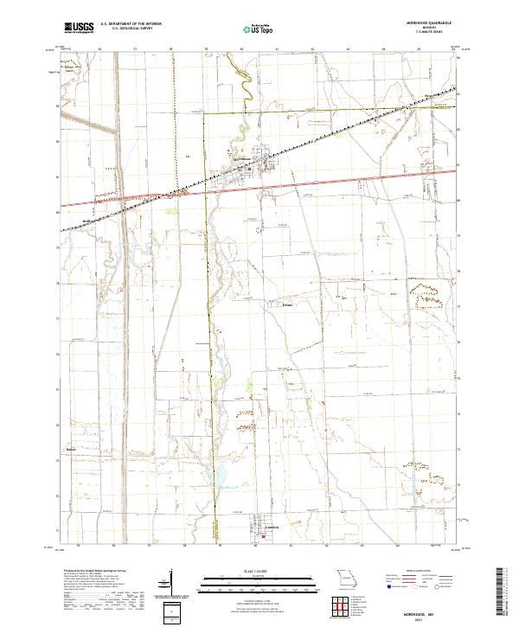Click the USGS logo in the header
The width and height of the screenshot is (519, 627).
(x=80, y=28)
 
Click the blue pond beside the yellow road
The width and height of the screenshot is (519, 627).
(x=221, y=474)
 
